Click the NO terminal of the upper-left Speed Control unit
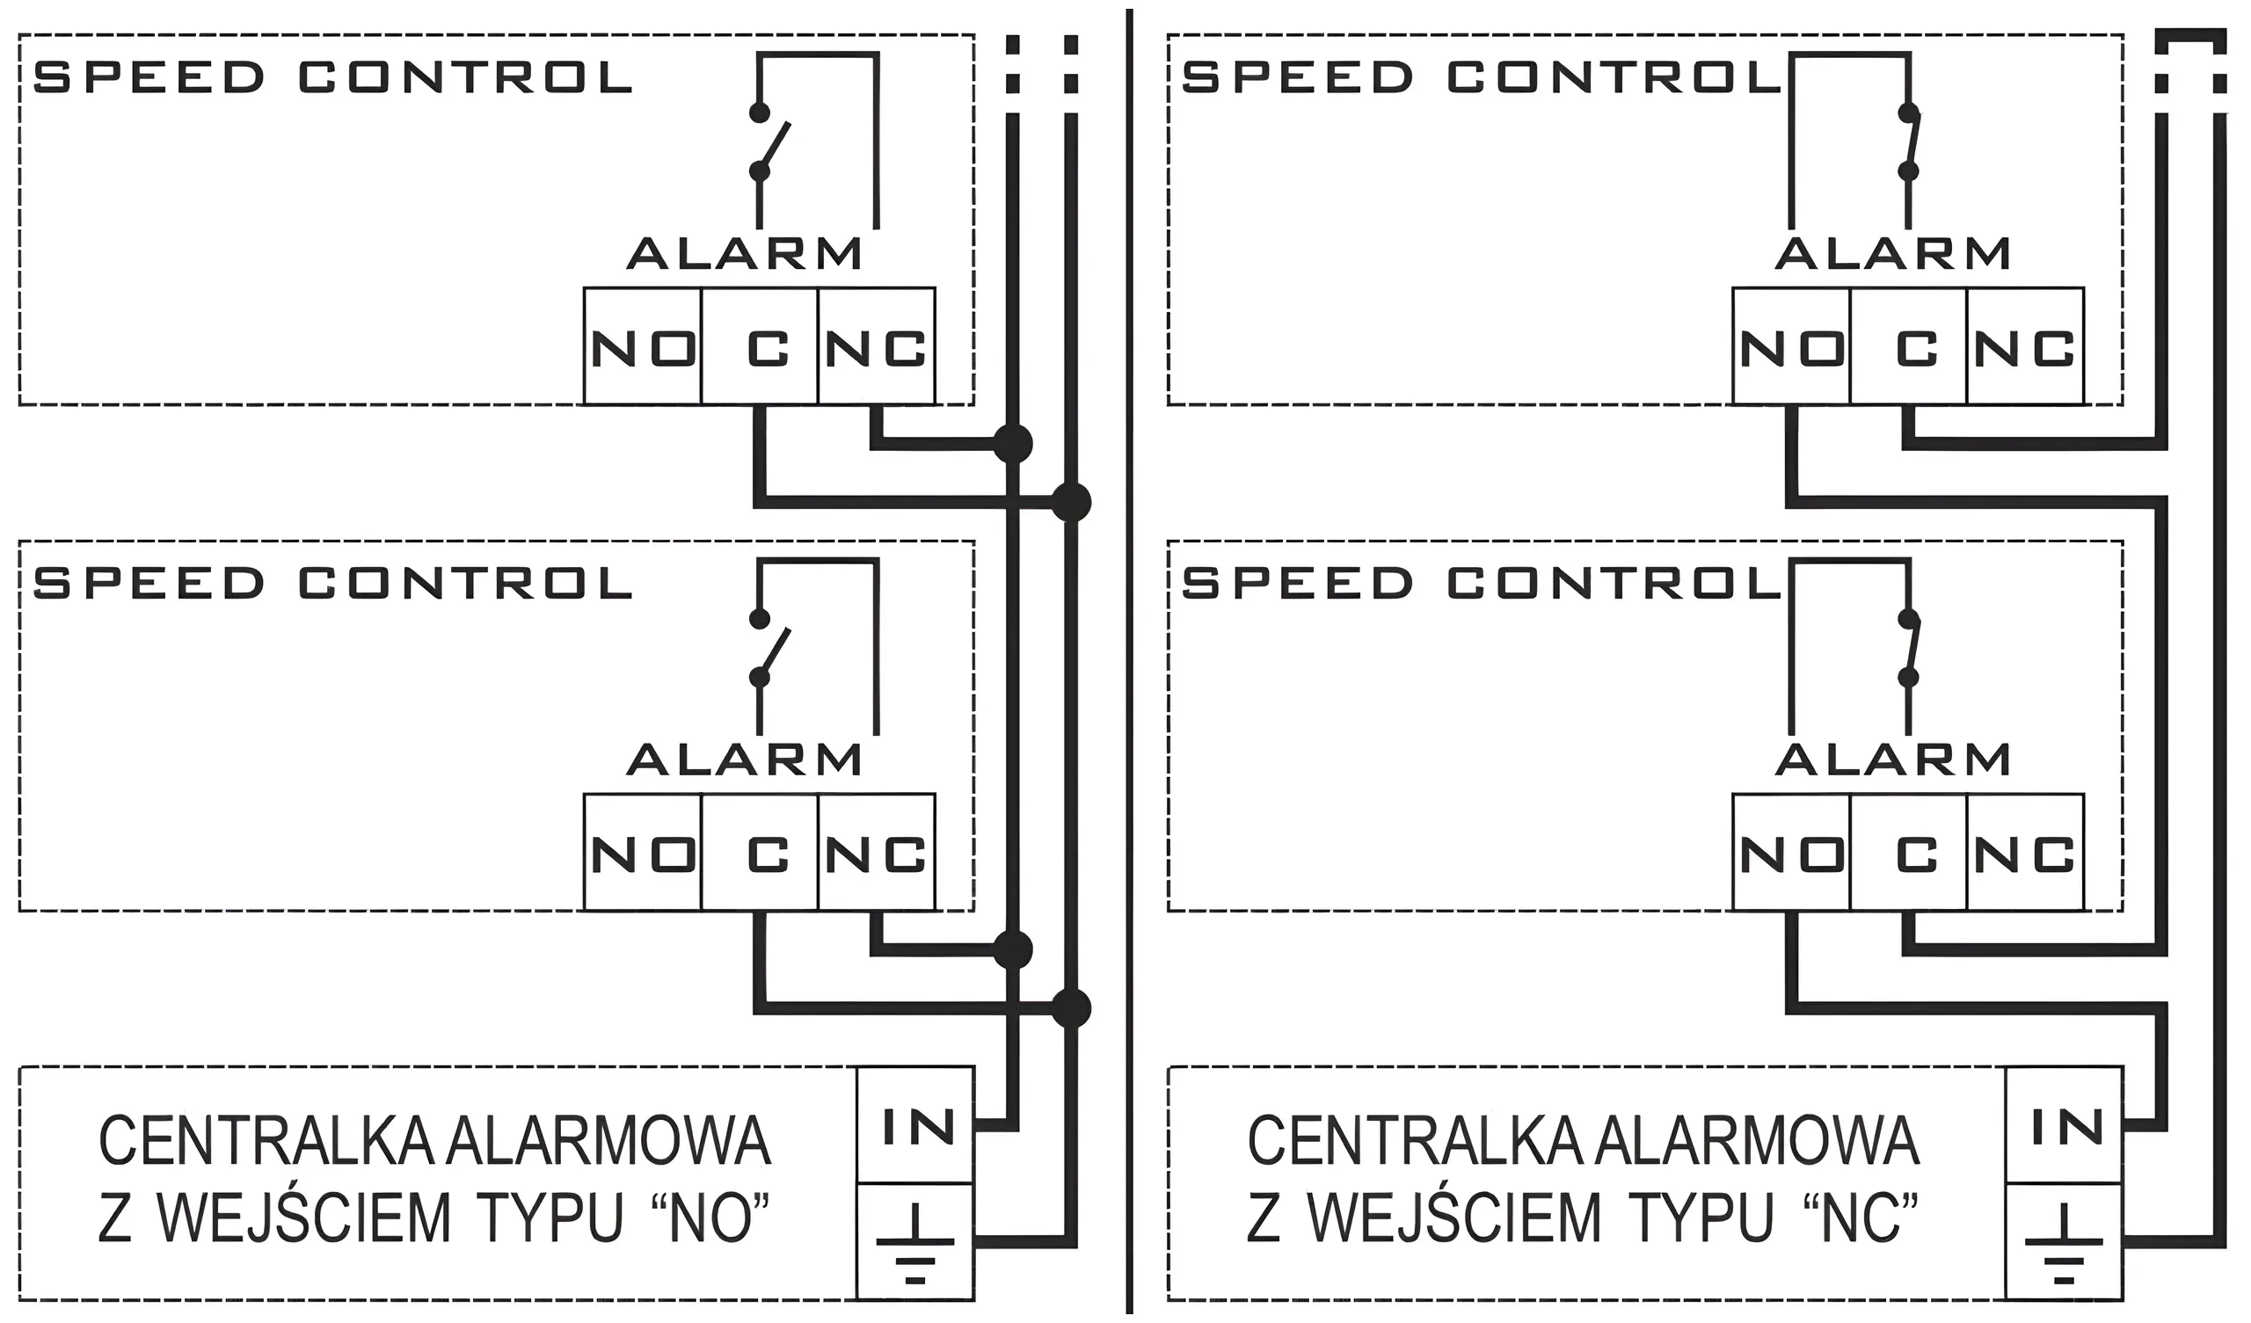[x=643, y=346]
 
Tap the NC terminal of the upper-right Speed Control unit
[x=2025, y=346]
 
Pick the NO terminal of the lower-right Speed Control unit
[x=1792, y=852]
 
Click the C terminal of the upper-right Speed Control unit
[x=1909, y=346]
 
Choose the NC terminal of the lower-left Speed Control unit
[x=878, y=852]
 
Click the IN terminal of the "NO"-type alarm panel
[x=915, y=1125]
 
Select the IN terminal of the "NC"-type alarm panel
[x=2065, y=1125]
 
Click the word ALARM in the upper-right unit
[x=1893, y=254]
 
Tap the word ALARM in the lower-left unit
[x=745, y=760]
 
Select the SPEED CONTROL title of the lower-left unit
[x=332, y=584]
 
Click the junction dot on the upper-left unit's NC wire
[x=1012, y=443]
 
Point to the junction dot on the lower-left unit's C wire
[x=1071, y=1008]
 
